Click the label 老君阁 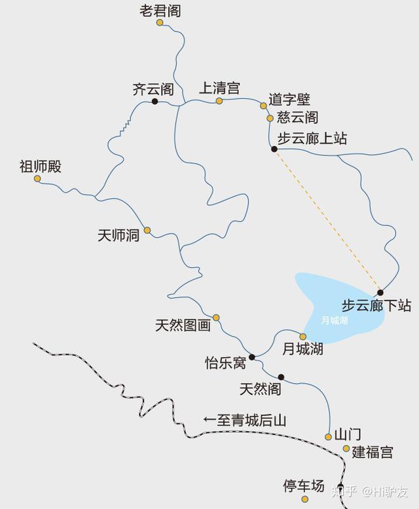click(160, 10)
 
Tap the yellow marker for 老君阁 click(160, 23)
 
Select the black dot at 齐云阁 click(155, 102)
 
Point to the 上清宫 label click(219, 88)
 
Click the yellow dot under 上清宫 click(219, 101)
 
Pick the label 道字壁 click(289, 100)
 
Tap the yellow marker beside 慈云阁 click(270, 119)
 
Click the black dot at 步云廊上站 click(274, 149)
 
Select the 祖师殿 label click(40, 166)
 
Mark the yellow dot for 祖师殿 click(37, 179)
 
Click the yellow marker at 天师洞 click(147, 230)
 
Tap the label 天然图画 click(183, 325)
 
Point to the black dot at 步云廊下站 click(380, 293)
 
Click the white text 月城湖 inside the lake click(335, 320)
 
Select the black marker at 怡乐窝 click(251, 357)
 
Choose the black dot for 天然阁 click(281, 377)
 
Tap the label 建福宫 click(372, 452)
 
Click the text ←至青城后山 click(244, 421)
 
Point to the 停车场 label click(303, 486)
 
